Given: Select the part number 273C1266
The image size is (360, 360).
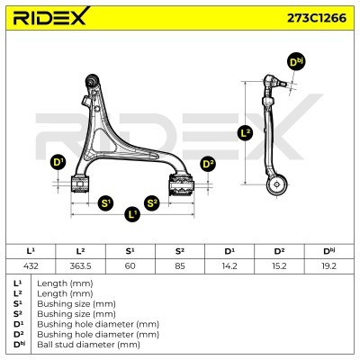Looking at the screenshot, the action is [317, 18].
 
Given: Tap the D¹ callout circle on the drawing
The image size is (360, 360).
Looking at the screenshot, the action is [58, 163].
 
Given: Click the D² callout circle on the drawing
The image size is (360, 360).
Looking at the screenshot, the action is [208, 164].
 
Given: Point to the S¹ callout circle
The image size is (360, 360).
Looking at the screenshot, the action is [106, 203].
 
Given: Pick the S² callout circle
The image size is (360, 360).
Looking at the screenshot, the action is [152, 203].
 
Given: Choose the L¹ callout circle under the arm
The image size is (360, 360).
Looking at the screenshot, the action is [132, 214].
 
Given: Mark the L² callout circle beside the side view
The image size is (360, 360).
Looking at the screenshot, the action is [246, 133].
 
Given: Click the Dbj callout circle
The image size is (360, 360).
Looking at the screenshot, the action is [296, 62].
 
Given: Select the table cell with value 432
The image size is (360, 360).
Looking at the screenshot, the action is [31, 265].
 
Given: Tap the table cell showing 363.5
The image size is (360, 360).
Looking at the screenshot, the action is [80, 265].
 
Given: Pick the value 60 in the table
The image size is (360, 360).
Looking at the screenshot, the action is [130, 265].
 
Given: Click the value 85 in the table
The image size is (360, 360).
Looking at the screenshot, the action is [180, 265].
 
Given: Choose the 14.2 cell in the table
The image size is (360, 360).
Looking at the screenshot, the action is [229, 265].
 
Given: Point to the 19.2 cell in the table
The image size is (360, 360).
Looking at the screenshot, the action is [328, 265].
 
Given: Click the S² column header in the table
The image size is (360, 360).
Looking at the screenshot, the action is [180, 251].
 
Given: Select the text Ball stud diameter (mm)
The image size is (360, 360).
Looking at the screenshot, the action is [88, 345].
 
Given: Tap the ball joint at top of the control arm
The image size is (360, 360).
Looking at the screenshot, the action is [93, 79].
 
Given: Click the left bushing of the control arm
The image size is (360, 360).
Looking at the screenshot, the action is [80, 184].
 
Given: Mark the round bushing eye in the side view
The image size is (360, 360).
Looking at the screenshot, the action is [277, 184].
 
